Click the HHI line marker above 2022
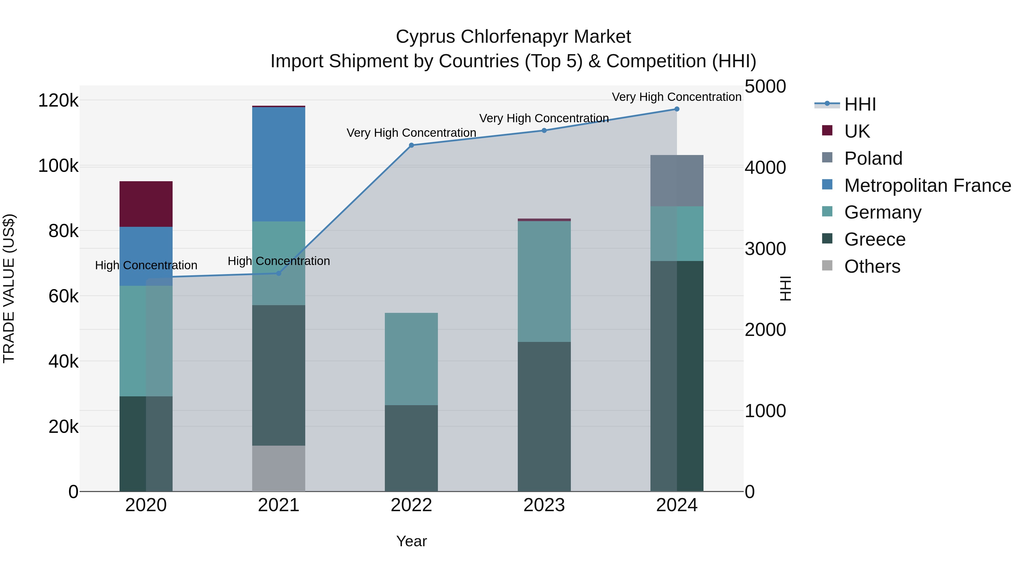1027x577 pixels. click(x=411, y=145)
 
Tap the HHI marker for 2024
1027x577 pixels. click(x=677, y=109)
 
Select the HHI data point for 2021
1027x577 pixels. click(x=279, y=273)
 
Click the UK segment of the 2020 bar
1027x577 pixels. click(x=146, y=204)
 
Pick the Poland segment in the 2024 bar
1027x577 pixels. click(x=677, y=181)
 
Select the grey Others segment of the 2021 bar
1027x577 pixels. click(x=279, y=468)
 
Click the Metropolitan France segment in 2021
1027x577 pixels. click(x=279, y=164)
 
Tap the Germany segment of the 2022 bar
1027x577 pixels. click(x=411, y=359)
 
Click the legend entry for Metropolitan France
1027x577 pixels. click(x=927, y=185)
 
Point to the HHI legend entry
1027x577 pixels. click(x=860, y=104)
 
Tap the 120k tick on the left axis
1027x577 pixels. click(x=58, y=100)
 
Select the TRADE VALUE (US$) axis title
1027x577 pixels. click(x=9, y=288)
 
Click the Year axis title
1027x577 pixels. click(x=411, y=541)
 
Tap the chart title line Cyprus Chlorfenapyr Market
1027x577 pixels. click(x=513, y=37)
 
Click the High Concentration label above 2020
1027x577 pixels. click(x=146, y=265)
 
